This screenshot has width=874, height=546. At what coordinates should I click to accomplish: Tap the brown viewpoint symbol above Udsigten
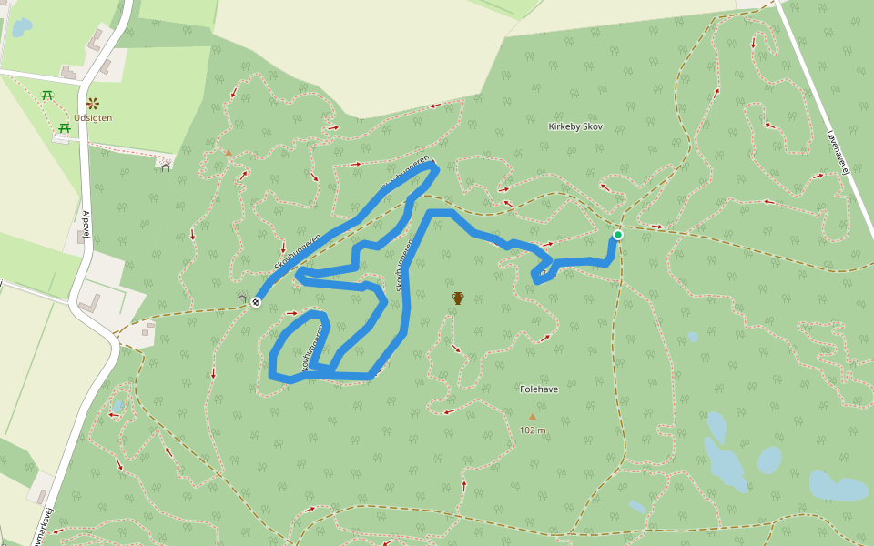(x=92, y=103)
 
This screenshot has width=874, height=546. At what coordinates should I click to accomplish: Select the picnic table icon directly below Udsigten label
(x=65, y=128)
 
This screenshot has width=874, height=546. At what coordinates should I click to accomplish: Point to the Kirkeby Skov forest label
(x=576, y=126)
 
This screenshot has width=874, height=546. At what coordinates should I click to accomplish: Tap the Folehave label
(x=538, y=389)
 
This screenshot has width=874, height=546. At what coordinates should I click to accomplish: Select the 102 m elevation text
(x=533, y=430)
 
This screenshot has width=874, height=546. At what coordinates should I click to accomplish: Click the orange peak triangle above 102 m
(x=533, y=417)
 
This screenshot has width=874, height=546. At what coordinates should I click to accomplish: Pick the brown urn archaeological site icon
(x=458, y=298)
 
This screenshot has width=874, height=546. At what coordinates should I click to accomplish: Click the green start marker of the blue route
(x=618, y=235)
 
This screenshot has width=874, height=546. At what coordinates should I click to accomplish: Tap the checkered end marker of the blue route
(x=257, y=302)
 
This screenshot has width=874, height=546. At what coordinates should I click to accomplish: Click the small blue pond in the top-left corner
(x=20, y=27)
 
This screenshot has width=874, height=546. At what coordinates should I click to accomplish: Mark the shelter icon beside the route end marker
(x=241, y=298)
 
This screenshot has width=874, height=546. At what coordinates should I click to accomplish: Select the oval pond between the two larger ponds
(x=769, y=460)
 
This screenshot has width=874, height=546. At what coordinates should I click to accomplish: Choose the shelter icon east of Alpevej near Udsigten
(x=165, y=165)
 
